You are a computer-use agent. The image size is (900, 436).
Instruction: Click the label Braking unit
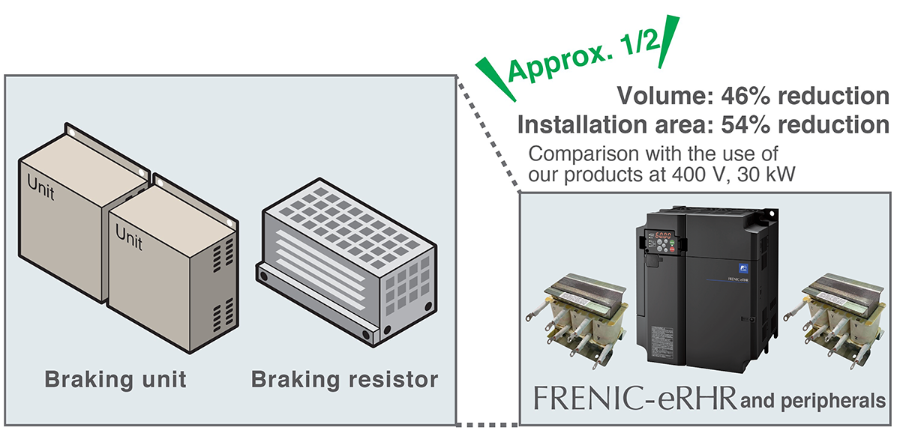tap(115, 379)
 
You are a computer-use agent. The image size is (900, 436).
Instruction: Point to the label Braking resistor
tap(344, 379)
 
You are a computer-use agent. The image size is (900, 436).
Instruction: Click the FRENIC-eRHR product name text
tap(634, 398)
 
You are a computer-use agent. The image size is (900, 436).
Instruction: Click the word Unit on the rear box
tap(43, 182)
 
